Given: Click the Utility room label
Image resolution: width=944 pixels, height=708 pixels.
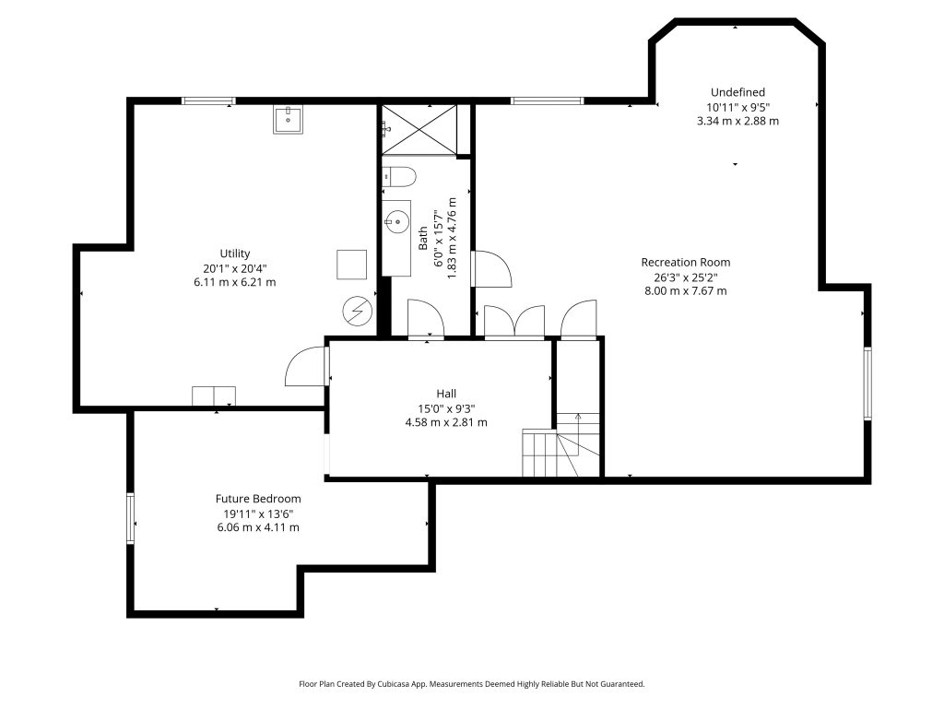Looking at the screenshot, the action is (x=235, y=254).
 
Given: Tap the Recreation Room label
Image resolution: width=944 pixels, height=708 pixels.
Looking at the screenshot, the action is (x=686, y=263).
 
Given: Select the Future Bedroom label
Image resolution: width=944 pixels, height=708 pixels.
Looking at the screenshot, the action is (x=258, y=499).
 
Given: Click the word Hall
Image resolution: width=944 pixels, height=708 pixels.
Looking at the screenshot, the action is (x=446, y=394).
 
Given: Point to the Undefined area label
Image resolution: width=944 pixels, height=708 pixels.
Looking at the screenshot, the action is (x=737, y=92).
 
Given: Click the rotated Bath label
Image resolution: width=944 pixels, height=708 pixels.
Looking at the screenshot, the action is (x=423, y=239).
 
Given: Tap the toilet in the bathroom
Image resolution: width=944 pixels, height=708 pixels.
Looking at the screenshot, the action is (x=399, y=178).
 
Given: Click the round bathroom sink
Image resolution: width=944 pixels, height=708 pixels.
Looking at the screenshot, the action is (x=396, y=222).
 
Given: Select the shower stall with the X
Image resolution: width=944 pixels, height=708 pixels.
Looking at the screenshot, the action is (x=419, y=129).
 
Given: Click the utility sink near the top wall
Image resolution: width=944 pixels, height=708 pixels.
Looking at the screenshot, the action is (x=289, y=120).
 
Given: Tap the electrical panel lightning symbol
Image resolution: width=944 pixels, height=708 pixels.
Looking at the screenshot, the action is (x=358, y=312).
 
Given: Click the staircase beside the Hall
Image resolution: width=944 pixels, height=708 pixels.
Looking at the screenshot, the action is (x=561, y=444).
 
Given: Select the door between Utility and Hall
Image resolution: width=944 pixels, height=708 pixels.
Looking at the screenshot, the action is (x=306, y=365).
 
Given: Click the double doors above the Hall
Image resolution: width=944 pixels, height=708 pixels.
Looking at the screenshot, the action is (x=514, y=322).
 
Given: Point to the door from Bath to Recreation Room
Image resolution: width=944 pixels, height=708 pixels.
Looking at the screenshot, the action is (x=492, y=268).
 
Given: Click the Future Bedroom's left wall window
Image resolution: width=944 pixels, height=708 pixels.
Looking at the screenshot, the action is (x=130, y=518).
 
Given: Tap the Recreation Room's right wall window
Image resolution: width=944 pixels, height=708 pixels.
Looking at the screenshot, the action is (x=867, y=383).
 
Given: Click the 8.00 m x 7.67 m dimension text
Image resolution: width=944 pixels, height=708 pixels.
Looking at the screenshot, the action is (x=686, y=291).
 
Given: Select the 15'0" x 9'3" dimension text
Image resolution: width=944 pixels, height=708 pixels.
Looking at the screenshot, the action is (x=446, y=408).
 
